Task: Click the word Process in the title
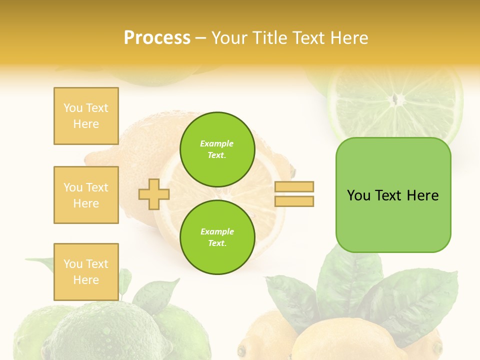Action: (x=157, y=38)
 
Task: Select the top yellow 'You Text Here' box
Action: (x=86, y=116)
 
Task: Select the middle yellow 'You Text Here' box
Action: (x=86, y=195)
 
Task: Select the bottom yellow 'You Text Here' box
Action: (x=86, y=272)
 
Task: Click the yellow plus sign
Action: (x=154, y=194)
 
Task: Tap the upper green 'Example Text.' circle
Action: (x=217, y=149)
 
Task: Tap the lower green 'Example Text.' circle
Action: (x=217, y=237)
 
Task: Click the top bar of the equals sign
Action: (x=294, y=187)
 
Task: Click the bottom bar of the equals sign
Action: (x=294, y=201)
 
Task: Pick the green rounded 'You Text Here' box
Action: (x=393, y=195)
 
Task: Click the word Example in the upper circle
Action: (x=217, y=143)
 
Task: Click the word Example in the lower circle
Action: (x=217, y=231)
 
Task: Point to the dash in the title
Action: (x=200, y=38)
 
